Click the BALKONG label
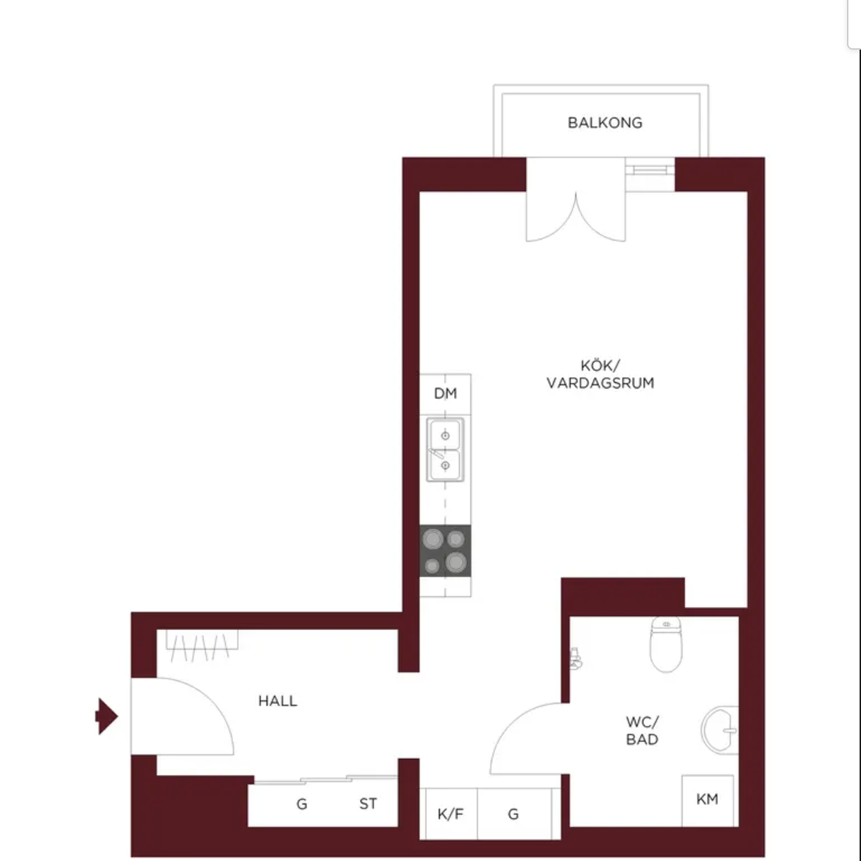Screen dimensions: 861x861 click(x=605, y=123)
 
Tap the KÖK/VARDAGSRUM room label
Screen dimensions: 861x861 click(x=600, y=375)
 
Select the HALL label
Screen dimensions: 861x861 click(x=278, y=700)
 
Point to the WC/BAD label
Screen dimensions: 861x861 click(x=642, y=730)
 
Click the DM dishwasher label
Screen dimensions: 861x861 click(x=446, y=393)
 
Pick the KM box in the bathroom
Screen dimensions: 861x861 click(x=707, y=801)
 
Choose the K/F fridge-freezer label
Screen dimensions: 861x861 click(x=451, y=814)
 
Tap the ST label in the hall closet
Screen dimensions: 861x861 click(x=368, y=804)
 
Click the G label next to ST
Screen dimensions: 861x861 click(x=302, y=804)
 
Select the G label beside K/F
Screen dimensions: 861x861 click(x=514, y=814)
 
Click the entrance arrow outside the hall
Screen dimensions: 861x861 click(x=106, y=716)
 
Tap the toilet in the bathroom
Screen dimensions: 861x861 click(x=666, y=644)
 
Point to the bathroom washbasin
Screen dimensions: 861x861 click(x=719, y=730)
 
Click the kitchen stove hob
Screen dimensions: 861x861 click(x=445, y=550)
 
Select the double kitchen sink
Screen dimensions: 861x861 click(x=445, y=450)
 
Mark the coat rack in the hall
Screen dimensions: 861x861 click(x=202, y=645)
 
